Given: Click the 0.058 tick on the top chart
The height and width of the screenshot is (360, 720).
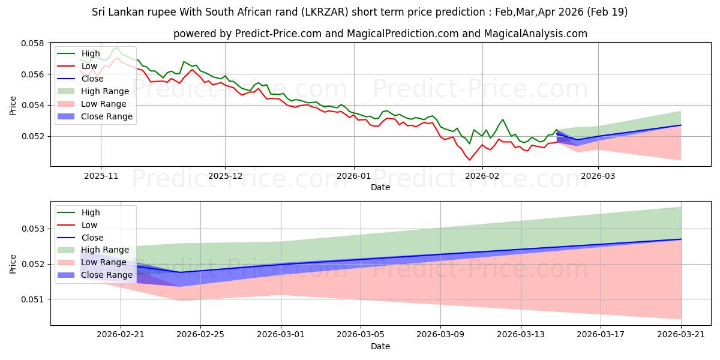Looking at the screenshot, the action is click(x=32, y=43).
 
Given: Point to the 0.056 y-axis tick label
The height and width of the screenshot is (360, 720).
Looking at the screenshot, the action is click(x=32, y=74).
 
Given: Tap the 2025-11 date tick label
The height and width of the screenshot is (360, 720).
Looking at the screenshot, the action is click(x=101, y=176).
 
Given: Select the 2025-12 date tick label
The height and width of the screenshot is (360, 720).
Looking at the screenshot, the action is click(x=225, y=176).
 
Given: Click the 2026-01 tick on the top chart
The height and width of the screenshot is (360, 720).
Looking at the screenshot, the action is click(x=353, y=176).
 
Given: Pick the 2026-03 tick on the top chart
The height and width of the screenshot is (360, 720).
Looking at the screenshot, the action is click(x=598, y=176).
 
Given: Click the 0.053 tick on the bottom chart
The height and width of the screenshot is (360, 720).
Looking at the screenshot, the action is click(x=32, y=229).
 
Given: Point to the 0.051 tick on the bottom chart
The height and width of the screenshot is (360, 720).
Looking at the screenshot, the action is click(x=32, y=299).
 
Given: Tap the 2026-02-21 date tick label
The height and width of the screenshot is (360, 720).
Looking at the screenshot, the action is click(x=121, y=335).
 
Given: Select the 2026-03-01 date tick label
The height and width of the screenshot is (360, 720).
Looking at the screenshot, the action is click(x=281, y=335).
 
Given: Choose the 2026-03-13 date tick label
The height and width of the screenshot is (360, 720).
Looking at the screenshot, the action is click(x=521, y=335).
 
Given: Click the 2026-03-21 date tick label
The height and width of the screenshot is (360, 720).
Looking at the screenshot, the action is click(x=681, y=335).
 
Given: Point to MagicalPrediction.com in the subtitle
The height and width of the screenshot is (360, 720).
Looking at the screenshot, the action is click(x=403, y=34).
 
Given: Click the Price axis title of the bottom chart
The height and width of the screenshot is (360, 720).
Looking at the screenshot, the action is click(x=13, y=264).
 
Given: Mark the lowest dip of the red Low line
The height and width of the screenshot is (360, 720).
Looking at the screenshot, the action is click(x=470, y=160).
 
